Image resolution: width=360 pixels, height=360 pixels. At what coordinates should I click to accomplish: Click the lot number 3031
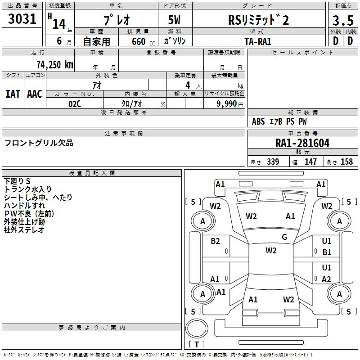pyautogui.click(x=22, y=19)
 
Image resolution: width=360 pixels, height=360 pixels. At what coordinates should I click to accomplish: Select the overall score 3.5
pyautogui.click(x=342, y=21)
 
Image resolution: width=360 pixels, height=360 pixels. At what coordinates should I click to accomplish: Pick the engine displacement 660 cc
pyautogui.click(x=139, y=41)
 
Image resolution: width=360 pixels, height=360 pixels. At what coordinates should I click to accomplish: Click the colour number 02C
pyautogui.click(x=75, y=103)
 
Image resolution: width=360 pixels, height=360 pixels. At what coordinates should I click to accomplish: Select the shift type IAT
pyautogui.click(x=13, y=94)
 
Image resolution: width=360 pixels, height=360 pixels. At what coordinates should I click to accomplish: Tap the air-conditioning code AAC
pyautogui.click(x=35, y=94)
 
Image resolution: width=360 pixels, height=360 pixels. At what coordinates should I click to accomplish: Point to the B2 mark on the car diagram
pyautogui.click(x=215, y=241)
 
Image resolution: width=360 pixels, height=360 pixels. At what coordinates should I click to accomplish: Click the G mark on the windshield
pyautogui.click(x=284, y=237)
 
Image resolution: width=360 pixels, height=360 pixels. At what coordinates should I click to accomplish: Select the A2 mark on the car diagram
pyautogui.click(x=327, y=279)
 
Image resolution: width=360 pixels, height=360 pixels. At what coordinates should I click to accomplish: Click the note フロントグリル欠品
pyautogui.click(x=39, y=144)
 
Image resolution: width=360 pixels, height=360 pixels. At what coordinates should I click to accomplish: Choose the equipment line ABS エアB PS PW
pyautogui.click(x=279, y=121)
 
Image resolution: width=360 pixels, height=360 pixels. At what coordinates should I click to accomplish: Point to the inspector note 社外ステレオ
pyautogui.click(x=24, y=230)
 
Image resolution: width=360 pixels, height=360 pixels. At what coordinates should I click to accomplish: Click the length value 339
pyautogui.click(x=273, y=162)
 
